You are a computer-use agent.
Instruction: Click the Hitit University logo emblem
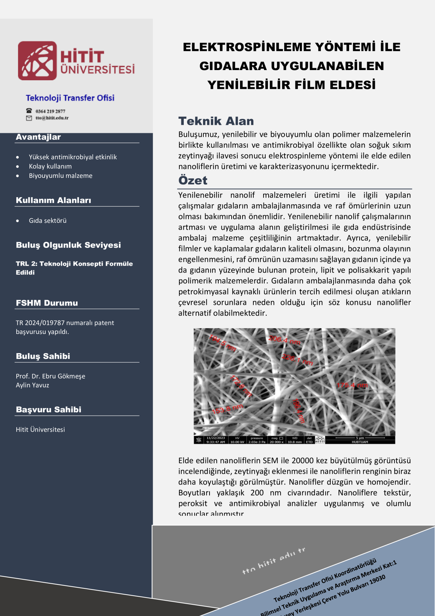(37, 61)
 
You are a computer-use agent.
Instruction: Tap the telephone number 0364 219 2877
(50, 111)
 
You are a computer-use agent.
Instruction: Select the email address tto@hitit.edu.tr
(52, 118)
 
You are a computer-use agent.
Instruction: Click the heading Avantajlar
(38, 137)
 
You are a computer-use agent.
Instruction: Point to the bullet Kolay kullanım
(50, 166)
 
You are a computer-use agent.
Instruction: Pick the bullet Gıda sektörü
(47, 220)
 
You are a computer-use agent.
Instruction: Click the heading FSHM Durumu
(47, 303)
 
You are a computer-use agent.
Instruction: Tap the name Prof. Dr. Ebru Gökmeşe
(50, 376)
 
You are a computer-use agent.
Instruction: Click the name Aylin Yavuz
(32, 385)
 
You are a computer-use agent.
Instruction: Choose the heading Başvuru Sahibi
(49, 409)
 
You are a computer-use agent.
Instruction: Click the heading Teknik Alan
(216, 121)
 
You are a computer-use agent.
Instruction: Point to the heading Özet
(193, 180)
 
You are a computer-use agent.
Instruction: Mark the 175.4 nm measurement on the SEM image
(352, 385)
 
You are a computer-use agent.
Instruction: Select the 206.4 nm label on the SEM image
(284, 340)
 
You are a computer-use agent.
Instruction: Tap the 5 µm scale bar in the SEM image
(360, 438)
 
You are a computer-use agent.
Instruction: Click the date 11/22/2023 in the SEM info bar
(216, 438)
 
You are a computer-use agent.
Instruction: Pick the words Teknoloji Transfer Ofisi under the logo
(70, 98)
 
